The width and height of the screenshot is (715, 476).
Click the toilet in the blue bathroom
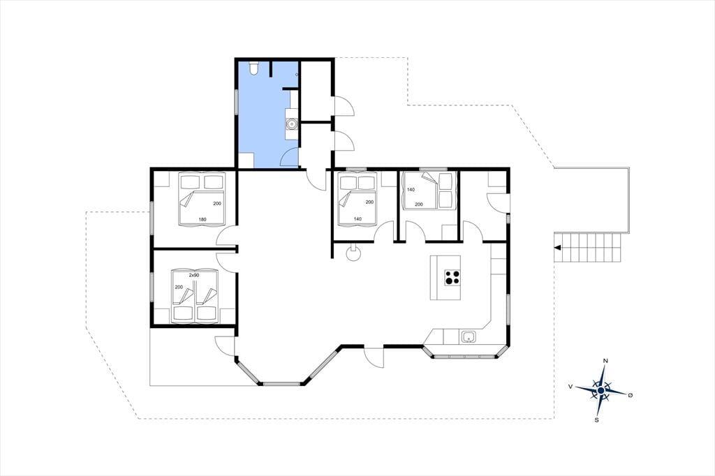tap(254, 68)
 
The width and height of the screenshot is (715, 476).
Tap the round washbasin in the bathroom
tap(291, 123)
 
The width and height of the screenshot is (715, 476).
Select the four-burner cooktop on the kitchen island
tap(452, 277)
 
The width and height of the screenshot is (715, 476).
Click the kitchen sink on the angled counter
tap(469, 337)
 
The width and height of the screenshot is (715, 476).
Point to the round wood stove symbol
tap(353, 253)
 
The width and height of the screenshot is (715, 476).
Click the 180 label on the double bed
tap(202, 220)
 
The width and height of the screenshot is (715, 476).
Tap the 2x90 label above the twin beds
tap(194, 276)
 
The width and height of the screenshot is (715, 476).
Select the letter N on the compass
tap(605, 361)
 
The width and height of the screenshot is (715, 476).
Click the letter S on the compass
tap(596, 420)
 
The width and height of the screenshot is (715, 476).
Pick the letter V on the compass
tap(570, 386)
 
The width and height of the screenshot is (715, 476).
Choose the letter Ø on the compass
tap(631, 395)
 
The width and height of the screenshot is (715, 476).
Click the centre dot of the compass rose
tap(601, 391)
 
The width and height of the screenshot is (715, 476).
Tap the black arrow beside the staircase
tap(557, 248)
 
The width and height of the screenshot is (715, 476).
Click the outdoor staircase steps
tap(588, 248)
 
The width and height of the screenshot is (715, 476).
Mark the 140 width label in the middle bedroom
tap(357, 219)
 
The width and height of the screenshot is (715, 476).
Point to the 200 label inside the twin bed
tap(179, 288)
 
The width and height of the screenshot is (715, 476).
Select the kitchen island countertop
tap(445, 277)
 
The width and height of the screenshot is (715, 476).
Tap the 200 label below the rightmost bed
tap(419, 204)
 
